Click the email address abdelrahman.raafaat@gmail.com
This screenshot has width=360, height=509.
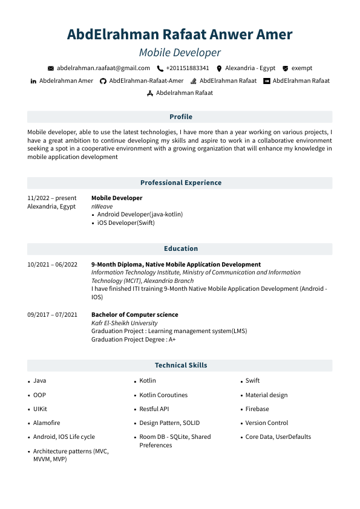click(103, 68)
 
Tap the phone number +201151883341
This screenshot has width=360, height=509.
click(188, 68)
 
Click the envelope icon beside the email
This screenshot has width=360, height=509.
click(51, 69)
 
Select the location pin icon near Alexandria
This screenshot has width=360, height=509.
click(219, 69)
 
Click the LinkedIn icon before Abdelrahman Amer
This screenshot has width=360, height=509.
click(33, 81)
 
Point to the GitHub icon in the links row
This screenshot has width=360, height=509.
click(103, 81)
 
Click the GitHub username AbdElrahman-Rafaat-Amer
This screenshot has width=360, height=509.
click(146, 80)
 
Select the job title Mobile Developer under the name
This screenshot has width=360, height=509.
click(180, 53)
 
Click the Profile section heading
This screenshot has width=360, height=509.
click(180, 117)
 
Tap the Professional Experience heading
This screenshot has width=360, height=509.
click(180, 183)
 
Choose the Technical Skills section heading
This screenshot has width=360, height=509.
click(180, 365)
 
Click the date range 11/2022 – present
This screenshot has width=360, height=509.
click(52, 198)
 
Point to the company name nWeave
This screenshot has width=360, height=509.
click(102, 206)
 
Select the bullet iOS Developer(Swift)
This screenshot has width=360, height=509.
click(126, 222)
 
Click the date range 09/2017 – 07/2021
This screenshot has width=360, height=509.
click(52, 314)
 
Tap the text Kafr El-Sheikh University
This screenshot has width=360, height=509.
click(124, 323)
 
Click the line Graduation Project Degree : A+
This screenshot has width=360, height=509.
click(133, 340)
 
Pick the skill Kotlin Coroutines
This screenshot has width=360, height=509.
click(163, 395)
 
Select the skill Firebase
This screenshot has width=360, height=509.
click(257, 409)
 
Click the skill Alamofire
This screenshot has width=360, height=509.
click(47, 423)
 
